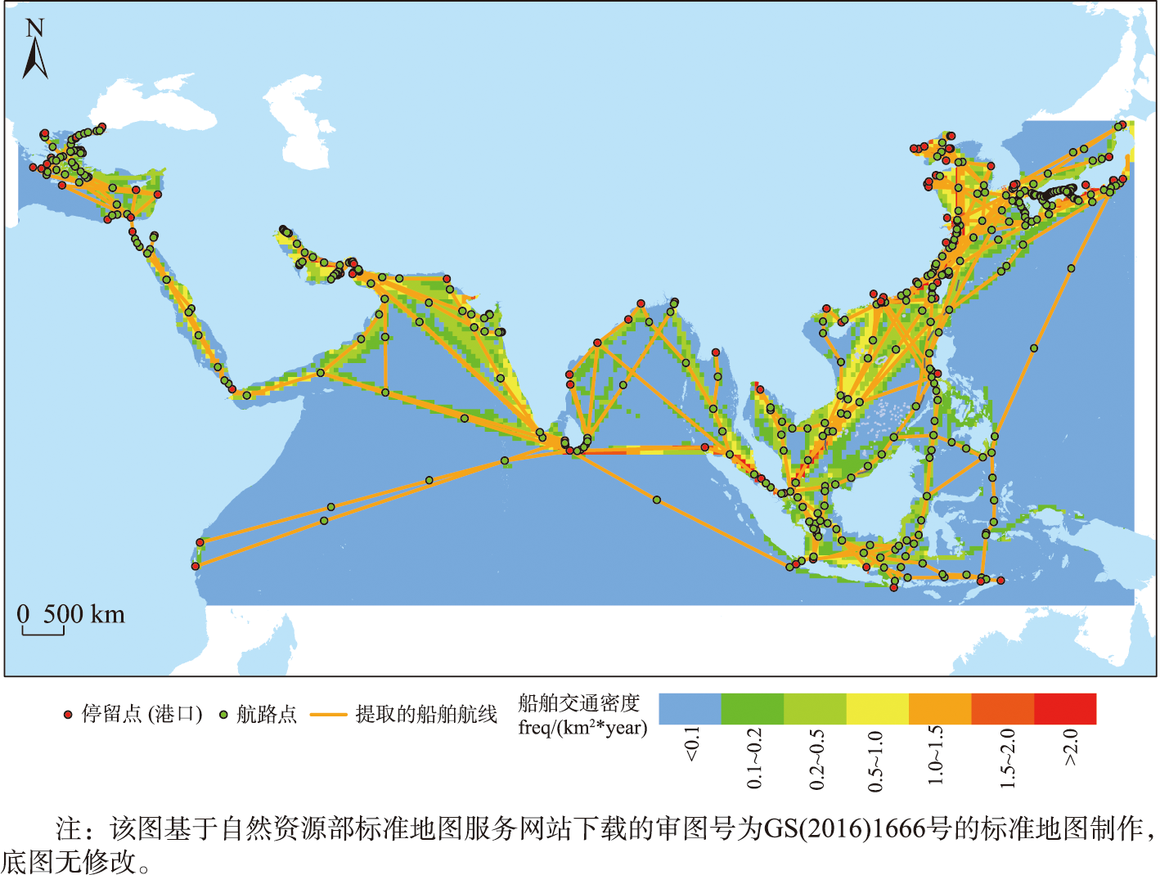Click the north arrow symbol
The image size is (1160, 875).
(34, 60)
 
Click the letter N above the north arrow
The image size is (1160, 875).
(34, 28)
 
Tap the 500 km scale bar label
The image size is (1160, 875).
(83, 614)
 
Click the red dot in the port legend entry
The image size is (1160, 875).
(68, 715)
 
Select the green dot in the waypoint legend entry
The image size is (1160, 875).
(223, 715)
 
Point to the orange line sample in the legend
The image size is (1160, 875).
(328, 715)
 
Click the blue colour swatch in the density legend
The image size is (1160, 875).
(690, 709)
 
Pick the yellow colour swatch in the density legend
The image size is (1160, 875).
(877, 709)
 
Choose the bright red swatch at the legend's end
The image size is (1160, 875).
(1065, 709)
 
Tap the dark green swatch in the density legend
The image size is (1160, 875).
(752, 709)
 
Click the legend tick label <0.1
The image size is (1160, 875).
(692, 744)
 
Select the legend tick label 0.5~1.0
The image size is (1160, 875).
(876, 761)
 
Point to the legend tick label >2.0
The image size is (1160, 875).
(1071, 747)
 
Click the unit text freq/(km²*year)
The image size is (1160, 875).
(582, 728)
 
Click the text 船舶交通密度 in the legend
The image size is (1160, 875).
(578, 703)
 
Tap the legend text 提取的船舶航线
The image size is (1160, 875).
(426, 715)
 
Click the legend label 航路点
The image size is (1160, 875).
(267, 715)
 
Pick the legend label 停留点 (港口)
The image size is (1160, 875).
(142, 715)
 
